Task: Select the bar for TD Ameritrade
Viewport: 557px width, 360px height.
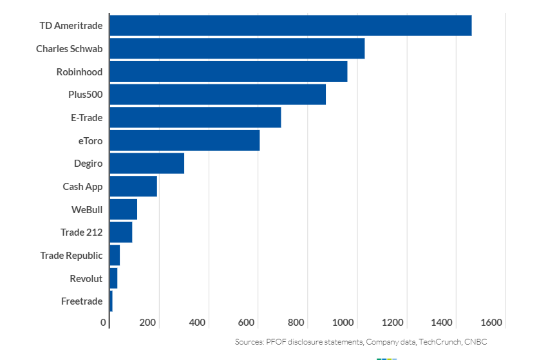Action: click(290, 26)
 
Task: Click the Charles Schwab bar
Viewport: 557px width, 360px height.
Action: click(237, 48)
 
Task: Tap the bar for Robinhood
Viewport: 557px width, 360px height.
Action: click(229, 71)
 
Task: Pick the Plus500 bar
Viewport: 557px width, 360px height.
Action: click(218, 95)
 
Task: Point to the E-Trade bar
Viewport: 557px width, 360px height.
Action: click(195, 118)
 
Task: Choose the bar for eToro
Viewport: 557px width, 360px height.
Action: click(185, 140)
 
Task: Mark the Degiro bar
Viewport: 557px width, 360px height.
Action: click(147, 164)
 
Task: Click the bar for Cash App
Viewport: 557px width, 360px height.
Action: click(133, 187)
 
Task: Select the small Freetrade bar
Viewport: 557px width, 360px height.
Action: click(111, 301)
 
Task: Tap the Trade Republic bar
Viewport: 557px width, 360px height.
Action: click(115, 256)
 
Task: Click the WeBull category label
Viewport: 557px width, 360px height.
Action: click(87, 209)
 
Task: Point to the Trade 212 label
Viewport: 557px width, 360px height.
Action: click(82, 232)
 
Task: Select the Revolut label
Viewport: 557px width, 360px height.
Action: click(86, 279)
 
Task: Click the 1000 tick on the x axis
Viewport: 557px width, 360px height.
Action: click(346, 323)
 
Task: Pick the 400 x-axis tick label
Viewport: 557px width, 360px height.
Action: click(197, 323)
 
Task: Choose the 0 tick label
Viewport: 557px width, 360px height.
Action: click(104, 323)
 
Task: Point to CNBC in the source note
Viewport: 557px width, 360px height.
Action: click(475, 342)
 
